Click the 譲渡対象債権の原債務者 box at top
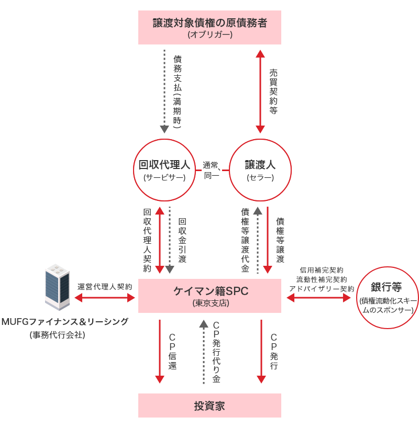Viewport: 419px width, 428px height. (210, 28)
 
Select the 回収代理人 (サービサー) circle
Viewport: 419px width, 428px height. (164, 170)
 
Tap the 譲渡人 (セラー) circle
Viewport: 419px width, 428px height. (260, 170)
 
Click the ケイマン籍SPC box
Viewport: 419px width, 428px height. (210, 297)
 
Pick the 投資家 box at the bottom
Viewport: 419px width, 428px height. (210, 406)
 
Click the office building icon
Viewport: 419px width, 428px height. (57, 287)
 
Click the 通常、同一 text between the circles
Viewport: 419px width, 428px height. (212, 170)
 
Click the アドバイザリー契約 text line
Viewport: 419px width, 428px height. (321, 288)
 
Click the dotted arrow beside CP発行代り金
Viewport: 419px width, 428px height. (204, 352)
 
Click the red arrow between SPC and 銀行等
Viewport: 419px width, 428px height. (318, 298)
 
